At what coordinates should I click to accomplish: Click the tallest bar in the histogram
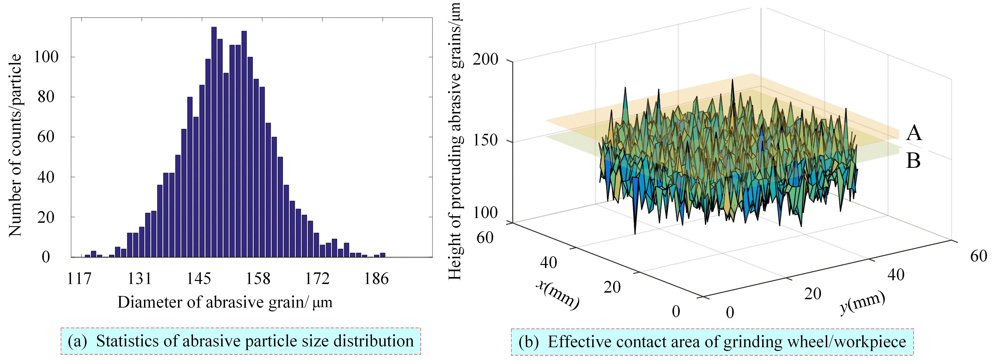[x=214, y=142]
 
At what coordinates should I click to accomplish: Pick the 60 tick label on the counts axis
[x=46, y=137]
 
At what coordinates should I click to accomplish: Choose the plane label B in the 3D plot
[x=913, y=160]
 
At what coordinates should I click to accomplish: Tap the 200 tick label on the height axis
[x=485, y=59]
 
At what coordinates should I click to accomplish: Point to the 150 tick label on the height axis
[x=485, y=140]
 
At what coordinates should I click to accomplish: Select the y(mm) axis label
[x=863, y=303]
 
